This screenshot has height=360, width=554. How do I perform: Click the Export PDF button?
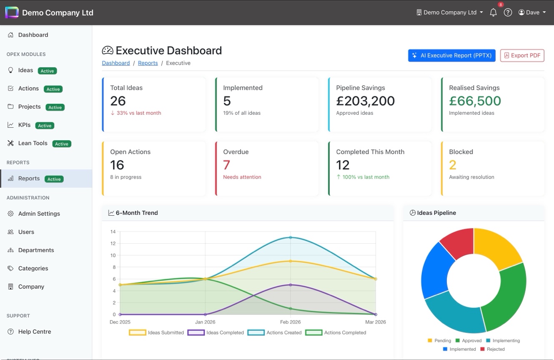522,55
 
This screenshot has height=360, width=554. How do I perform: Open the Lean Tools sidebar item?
33,143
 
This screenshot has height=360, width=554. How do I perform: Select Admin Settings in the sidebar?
39,214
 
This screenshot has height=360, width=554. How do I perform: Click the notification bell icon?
493,13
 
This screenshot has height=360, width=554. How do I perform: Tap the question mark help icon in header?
508,13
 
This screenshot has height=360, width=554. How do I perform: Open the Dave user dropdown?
532,13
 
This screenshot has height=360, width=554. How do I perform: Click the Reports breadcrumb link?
148,63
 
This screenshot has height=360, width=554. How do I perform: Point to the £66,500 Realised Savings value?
475,101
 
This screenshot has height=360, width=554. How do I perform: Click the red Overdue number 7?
226,165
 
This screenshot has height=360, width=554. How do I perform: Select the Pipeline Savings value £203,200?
365,101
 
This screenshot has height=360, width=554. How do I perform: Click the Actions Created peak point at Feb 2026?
290,237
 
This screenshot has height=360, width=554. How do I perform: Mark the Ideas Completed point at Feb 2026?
290,285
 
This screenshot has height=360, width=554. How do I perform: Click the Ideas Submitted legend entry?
157,332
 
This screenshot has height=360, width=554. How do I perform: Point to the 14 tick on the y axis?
113,232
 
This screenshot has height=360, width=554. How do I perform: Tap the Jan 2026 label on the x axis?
205,322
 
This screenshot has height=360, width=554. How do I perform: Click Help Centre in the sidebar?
34,332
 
